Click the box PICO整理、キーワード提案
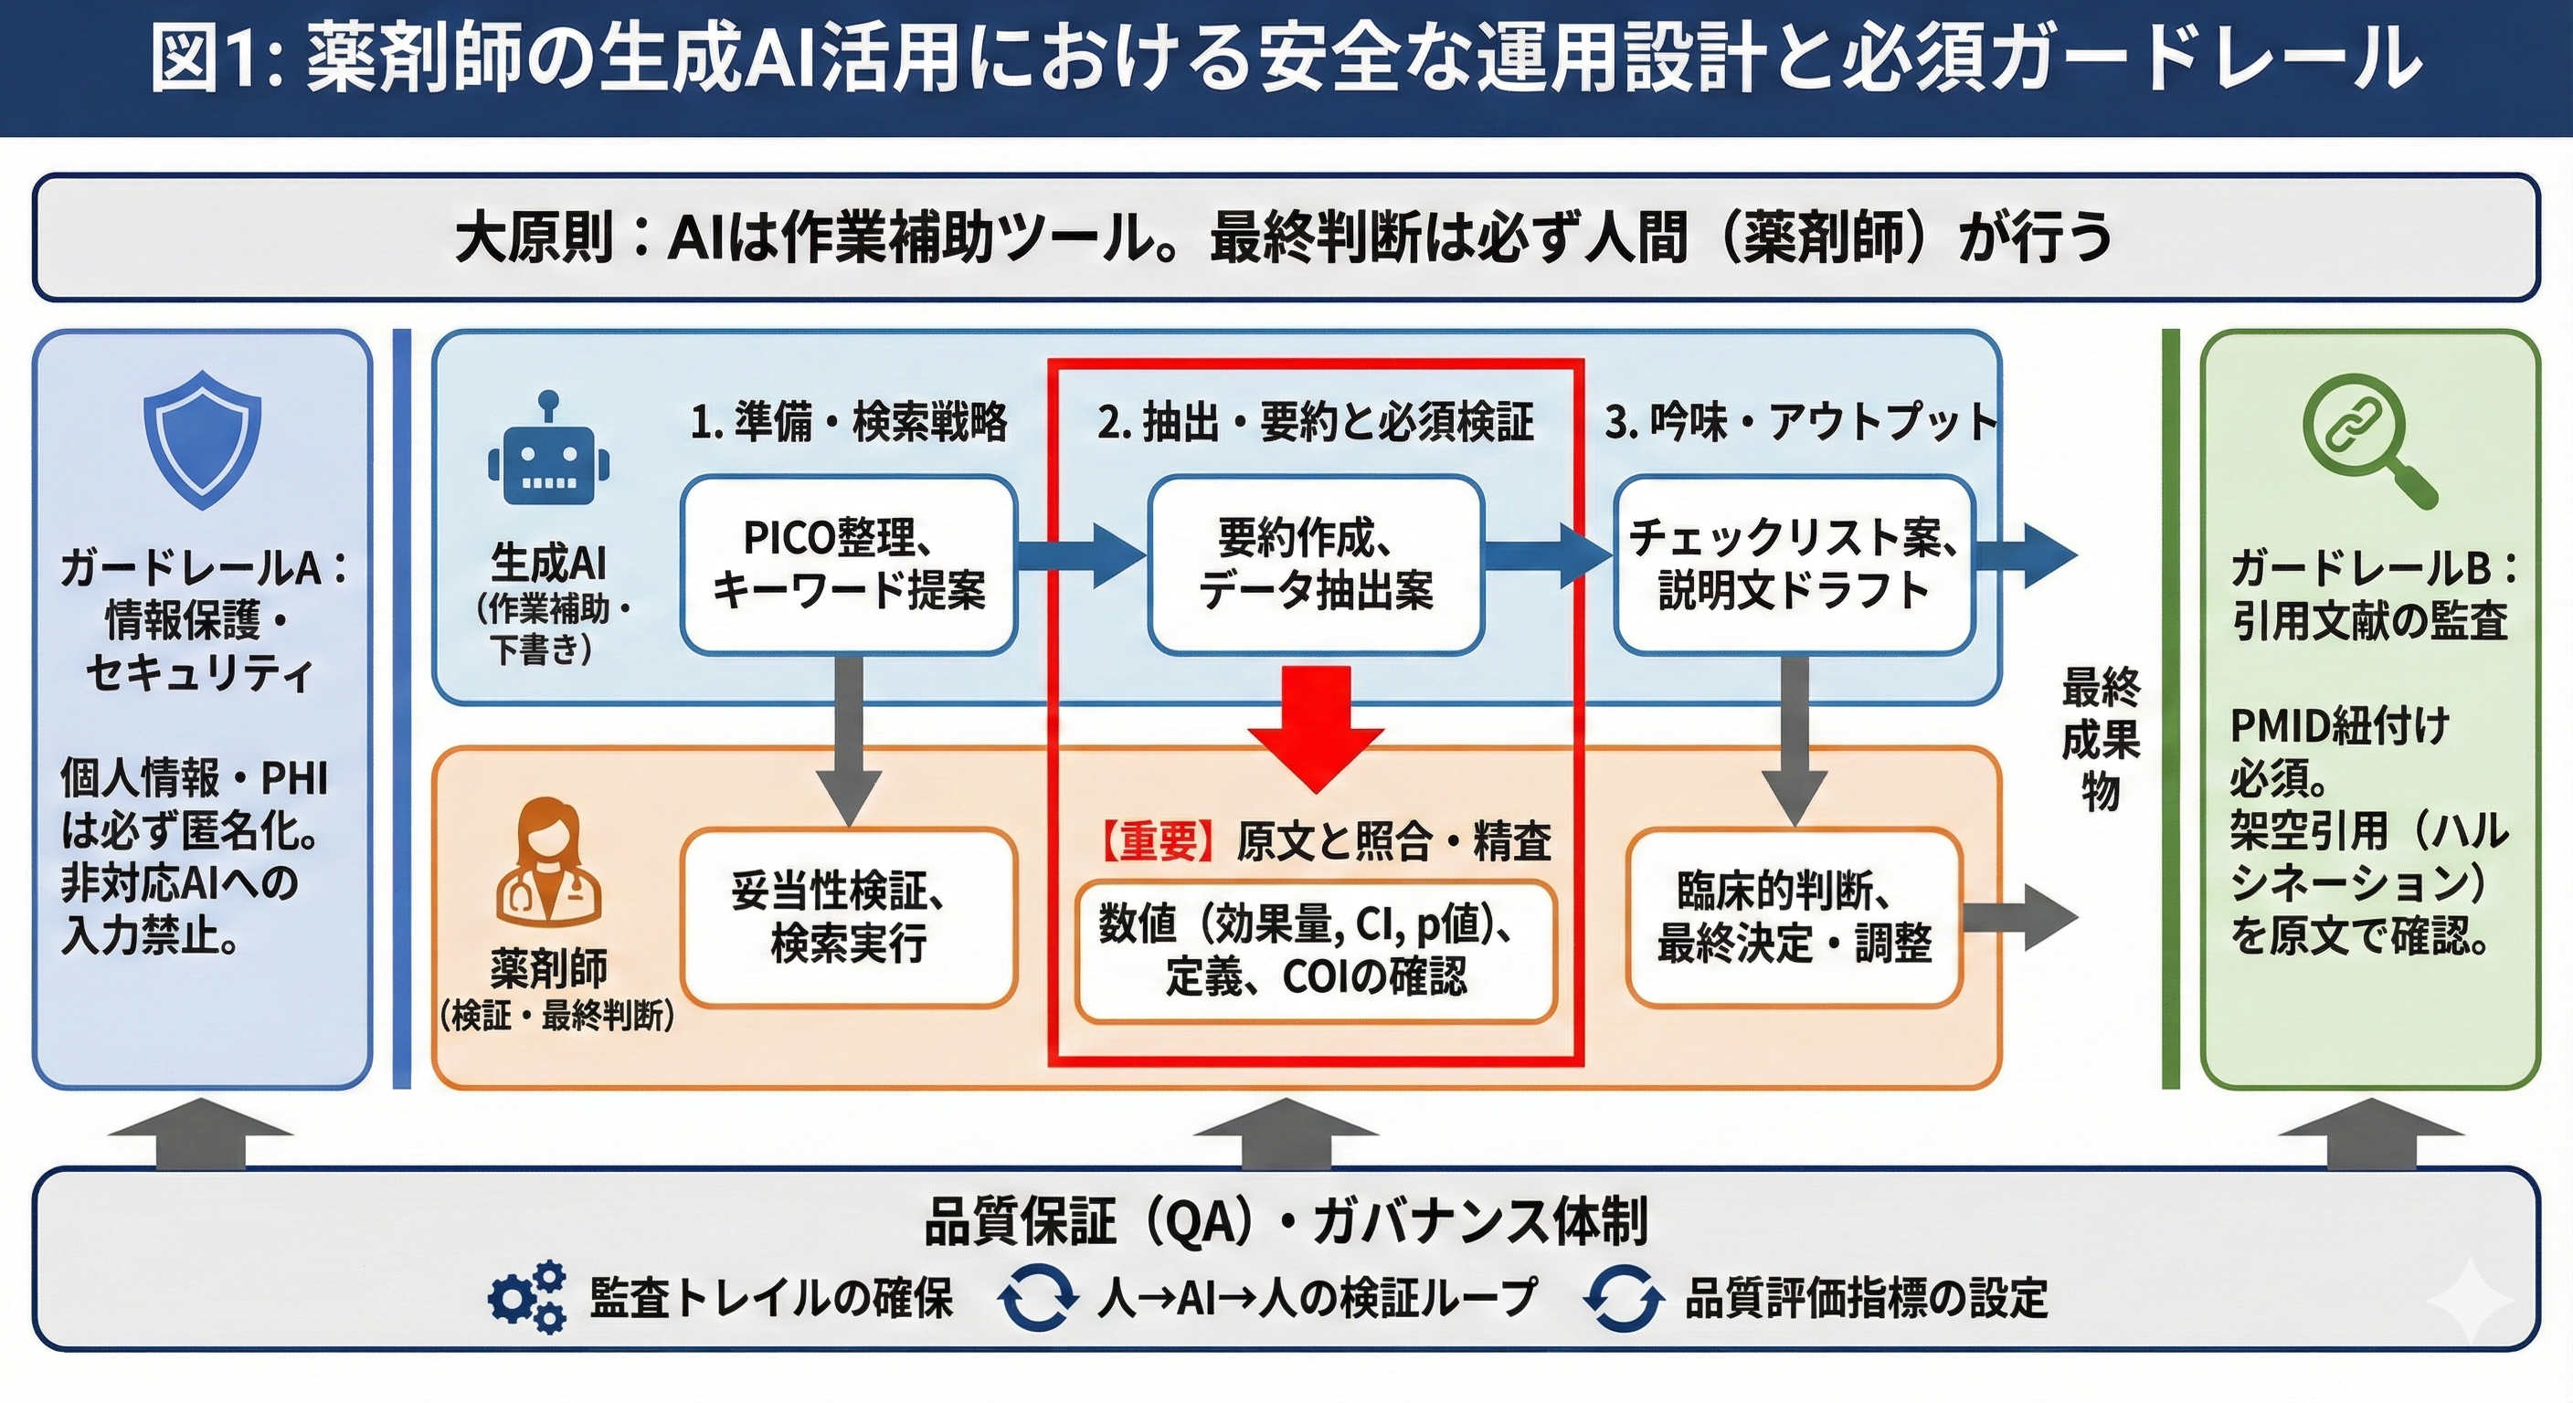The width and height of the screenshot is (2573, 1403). (x=848, y=565)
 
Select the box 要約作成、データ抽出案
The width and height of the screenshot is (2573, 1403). (x=1315, y=565)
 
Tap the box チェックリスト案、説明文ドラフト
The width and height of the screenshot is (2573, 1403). (x=1793, y=565)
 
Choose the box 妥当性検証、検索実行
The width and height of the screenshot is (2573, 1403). (x=848, y=917)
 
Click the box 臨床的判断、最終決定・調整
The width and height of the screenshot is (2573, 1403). (x=1793, y=917)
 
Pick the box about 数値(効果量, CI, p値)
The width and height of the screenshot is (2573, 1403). (x=1315, y=951)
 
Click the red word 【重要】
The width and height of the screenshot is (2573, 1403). (x=1159, y=842)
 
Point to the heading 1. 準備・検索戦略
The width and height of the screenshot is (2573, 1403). (x=848, y=422)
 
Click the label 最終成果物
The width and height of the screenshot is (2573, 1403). (x=2100, y=739)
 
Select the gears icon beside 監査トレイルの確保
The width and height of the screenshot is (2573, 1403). (x=525, y=1297)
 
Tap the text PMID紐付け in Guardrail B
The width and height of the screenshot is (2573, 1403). (x=2339, y=726)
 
